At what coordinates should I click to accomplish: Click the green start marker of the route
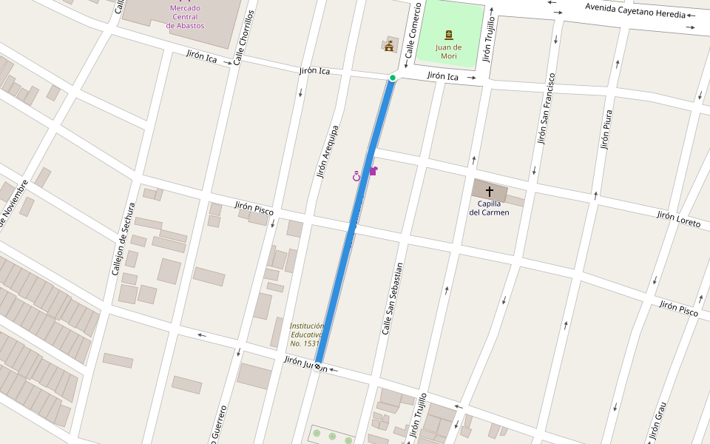click(393, 78)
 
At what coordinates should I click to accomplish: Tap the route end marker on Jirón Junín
click(318, 366)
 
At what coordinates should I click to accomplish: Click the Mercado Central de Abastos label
click(185, 17)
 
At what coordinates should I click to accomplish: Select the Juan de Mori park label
click(449, 51)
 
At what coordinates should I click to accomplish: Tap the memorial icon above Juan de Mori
click(449, 35)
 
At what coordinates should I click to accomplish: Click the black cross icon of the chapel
click(489, 192)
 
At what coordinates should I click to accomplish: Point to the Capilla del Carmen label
click(489, 208)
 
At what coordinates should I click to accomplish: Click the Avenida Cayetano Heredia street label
click(635, 10)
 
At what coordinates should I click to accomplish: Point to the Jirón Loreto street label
click(678, 218)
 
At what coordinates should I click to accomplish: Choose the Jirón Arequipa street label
click(327, 152)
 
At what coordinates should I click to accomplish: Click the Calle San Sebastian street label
click(392, 298)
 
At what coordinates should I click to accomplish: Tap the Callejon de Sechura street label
click(124, 239)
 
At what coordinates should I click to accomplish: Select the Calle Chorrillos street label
click(243, 38)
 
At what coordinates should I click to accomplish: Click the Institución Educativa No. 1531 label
click(306, 334)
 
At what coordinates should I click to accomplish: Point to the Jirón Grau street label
click(658, 423)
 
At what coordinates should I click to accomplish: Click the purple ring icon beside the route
click(356, 176)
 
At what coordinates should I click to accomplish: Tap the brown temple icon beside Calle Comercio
click(389, 47)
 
